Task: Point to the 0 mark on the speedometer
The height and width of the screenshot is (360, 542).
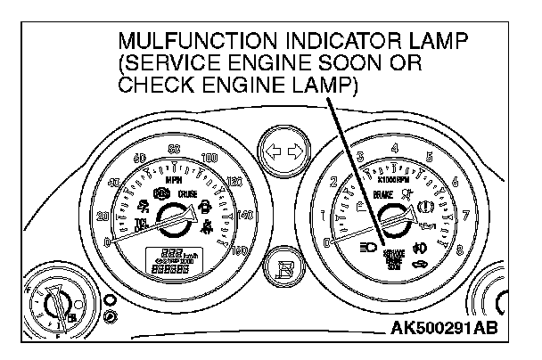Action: pos(107,241)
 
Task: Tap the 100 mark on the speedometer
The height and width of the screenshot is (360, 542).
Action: pos(211,158)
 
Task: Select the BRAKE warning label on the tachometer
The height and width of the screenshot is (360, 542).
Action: pos(384,192)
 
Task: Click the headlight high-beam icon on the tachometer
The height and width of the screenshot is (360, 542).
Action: pos(365,246)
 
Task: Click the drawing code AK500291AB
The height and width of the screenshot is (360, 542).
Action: pos(444,329)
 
